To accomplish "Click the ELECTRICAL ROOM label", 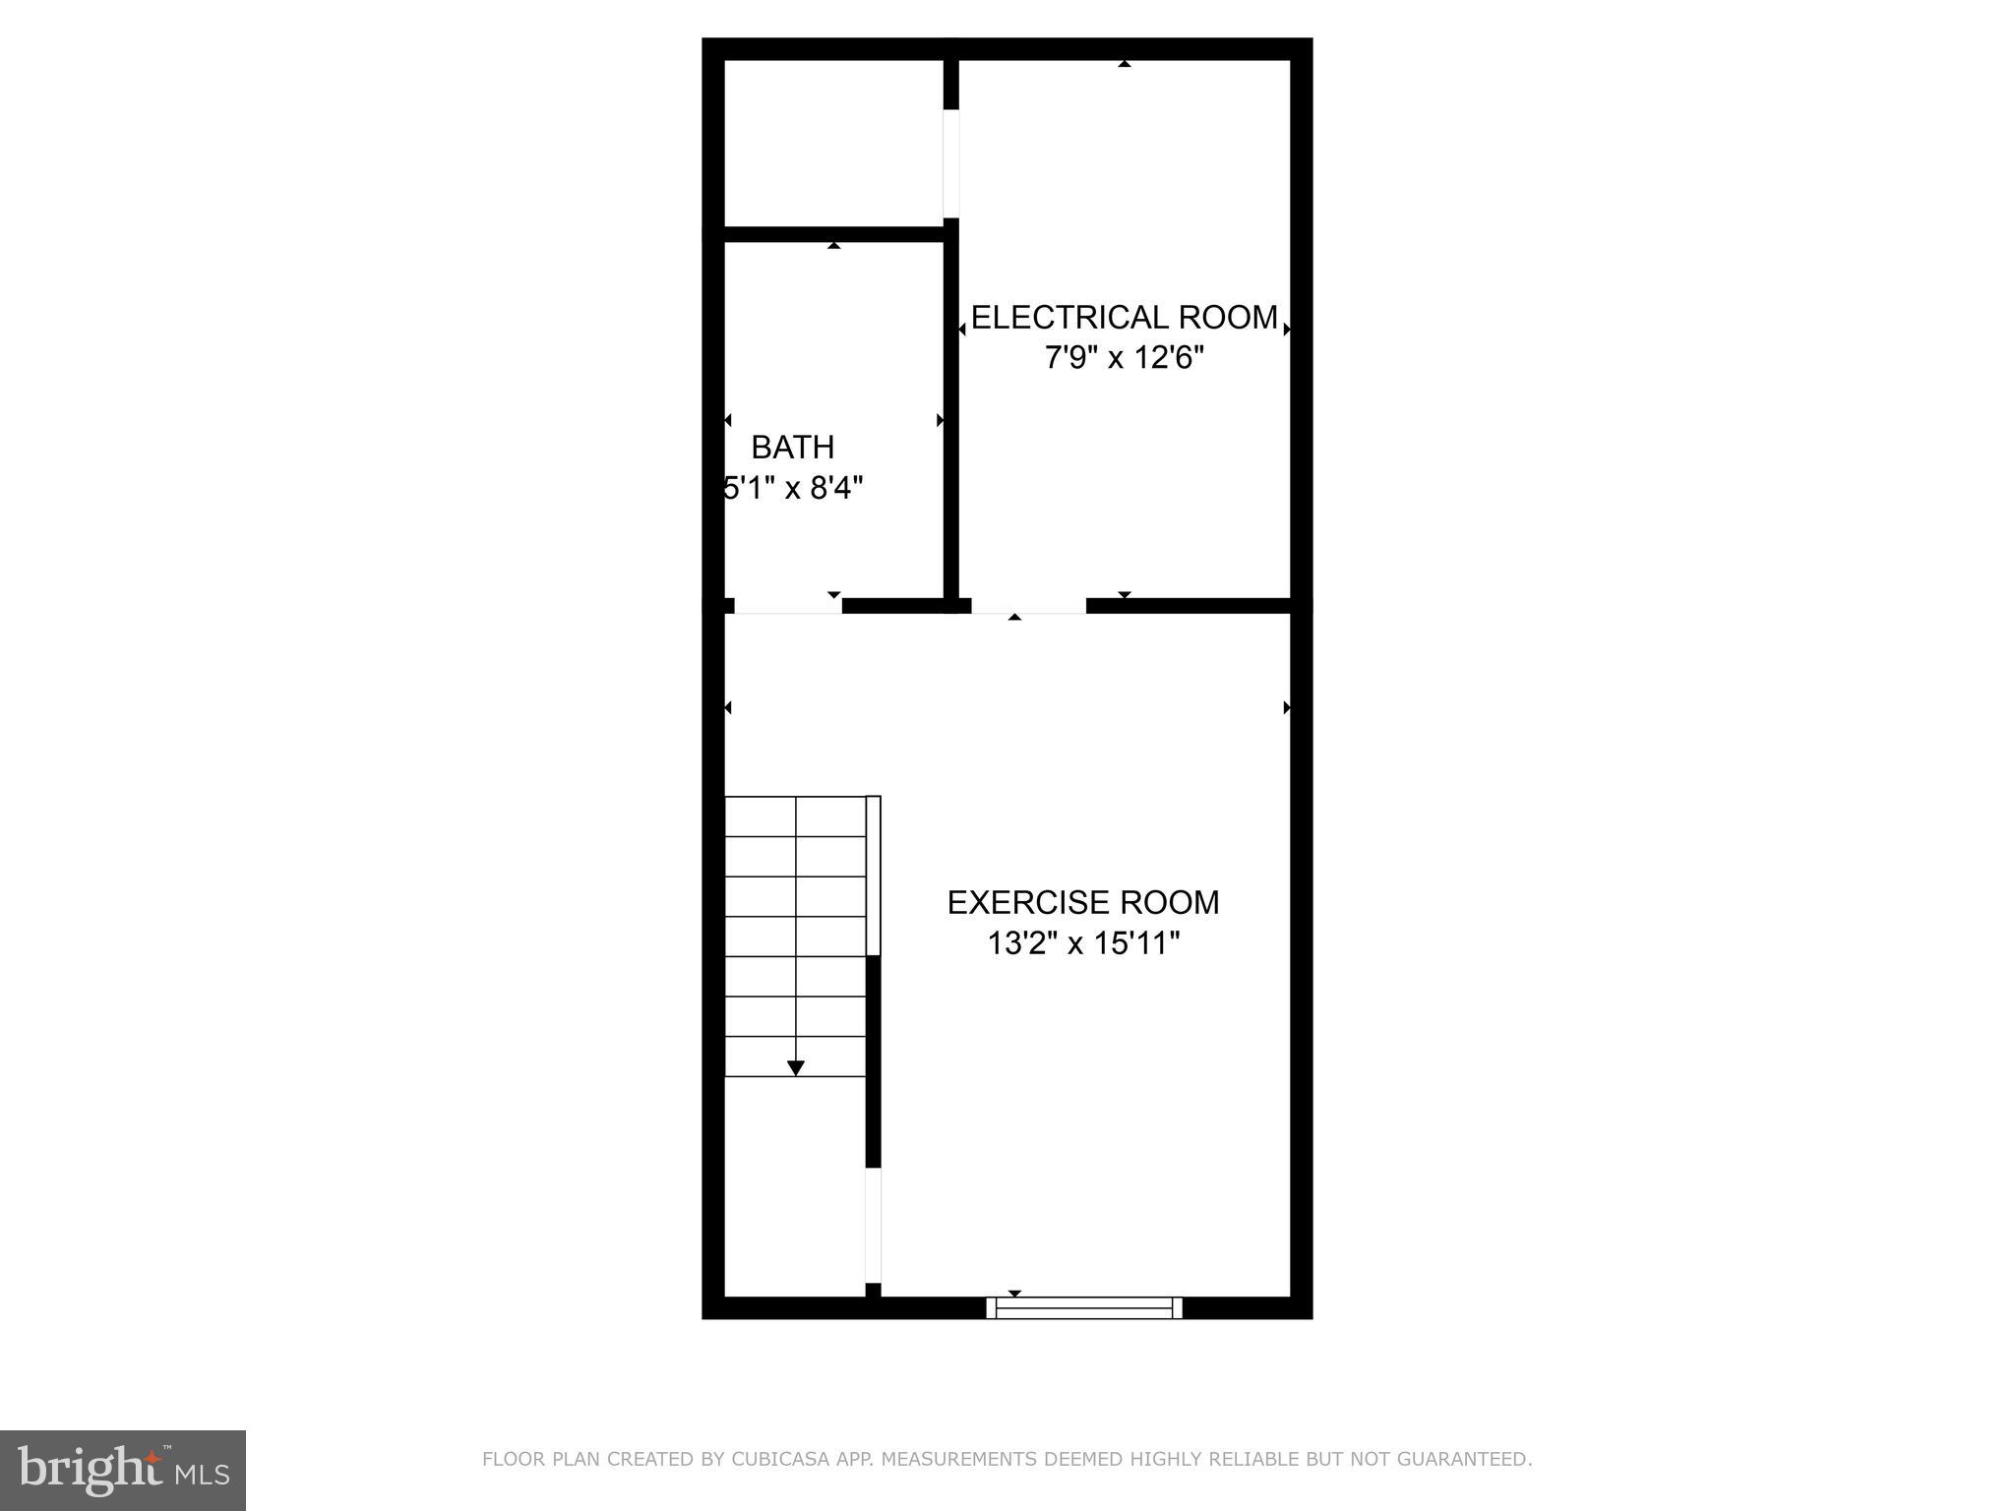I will tap(1124, 318).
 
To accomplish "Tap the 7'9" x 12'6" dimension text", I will tap(1124, 358).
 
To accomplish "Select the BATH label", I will tap(792, 448).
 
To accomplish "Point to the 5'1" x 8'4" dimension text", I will tap(793, 488).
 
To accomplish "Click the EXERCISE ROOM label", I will tap(1082, 903).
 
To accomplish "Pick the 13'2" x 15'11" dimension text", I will tap(1082, 944).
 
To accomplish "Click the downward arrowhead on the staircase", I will tap(796, 1068).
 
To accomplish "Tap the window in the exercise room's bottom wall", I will tap(1084, 1307).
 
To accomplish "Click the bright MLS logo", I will tap(122, 1470).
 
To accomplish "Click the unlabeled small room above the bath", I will tap(832, 143).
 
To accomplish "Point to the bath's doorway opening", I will tap(788, 606).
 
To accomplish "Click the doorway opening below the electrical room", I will tap(1028, 606).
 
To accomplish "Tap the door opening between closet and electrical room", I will tap(950, 162).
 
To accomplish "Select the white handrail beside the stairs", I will tap(873, 876).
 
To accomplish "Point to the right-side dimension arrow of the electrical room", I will tap(1286, 330).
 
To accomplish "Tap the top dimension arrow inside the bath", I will tap(834, 245).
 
